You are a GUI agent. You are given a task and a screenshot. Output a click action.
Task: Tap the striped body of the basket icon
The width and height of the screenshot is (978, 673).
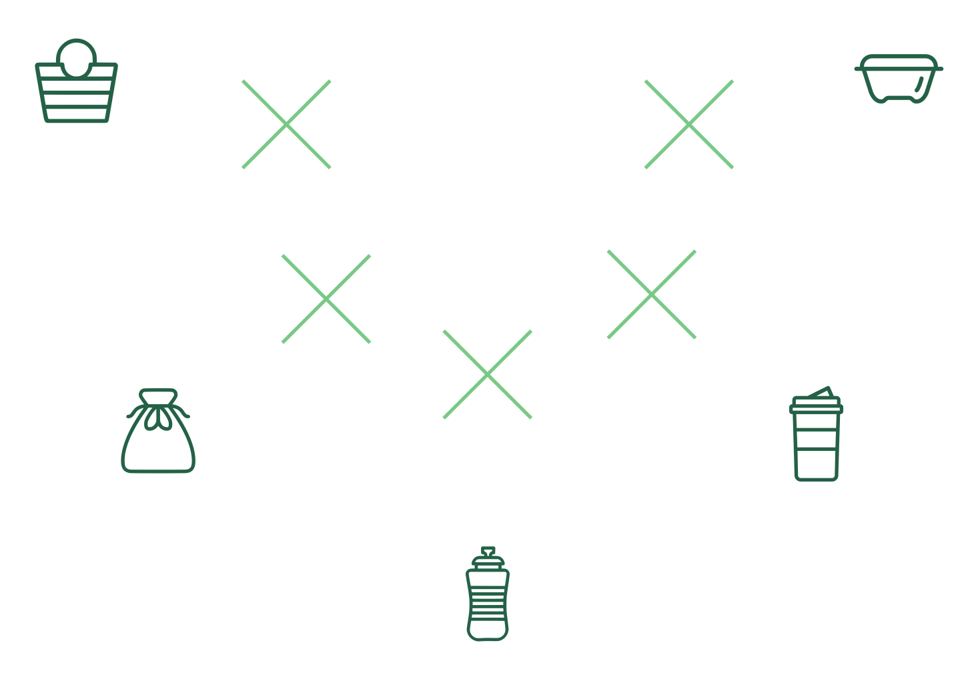point(76,100)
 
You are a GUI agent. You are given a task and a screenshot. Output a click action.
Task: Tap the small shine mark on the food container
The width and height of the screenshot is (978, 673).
point(920,83)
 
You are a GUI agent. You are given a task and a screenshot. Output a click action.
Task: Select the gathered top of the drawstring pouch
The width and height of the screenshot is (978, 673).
point(158,396)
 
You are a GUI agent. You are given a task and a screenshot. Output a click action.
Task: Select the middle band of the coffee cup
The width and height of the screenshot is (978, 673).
point(816,439)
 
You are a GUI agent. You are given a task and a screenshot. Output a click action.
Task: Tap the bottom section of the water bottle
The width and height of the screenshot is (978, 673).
point(488,630)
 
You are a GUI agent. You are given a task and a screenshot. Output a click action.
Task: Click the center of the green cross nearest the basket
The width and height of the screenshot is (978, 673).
point(286,124)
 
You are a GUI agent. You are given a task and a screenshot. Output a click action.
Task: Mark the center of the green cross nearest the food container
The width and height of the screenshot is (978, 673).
point(689,124)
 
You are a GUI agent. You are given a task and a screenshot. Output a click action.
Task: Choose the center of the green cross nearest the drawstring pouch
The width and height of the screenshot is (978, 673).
point(326,299)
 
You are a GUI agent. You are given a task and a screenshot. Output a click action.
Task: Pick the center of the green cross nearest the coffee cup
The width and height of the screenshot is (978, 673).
point(652,294)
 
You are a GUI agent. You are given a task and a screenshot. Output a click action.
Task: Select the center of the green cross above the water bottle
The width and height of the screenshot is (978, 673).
point(488,375)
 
